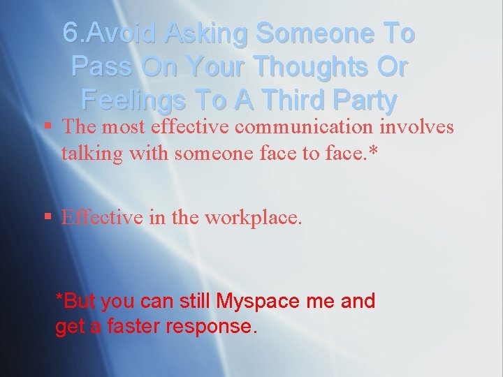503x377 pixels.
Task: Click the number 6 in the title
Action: [71, 33]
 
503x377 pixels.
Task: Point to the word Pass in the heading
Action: [97, 66]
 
